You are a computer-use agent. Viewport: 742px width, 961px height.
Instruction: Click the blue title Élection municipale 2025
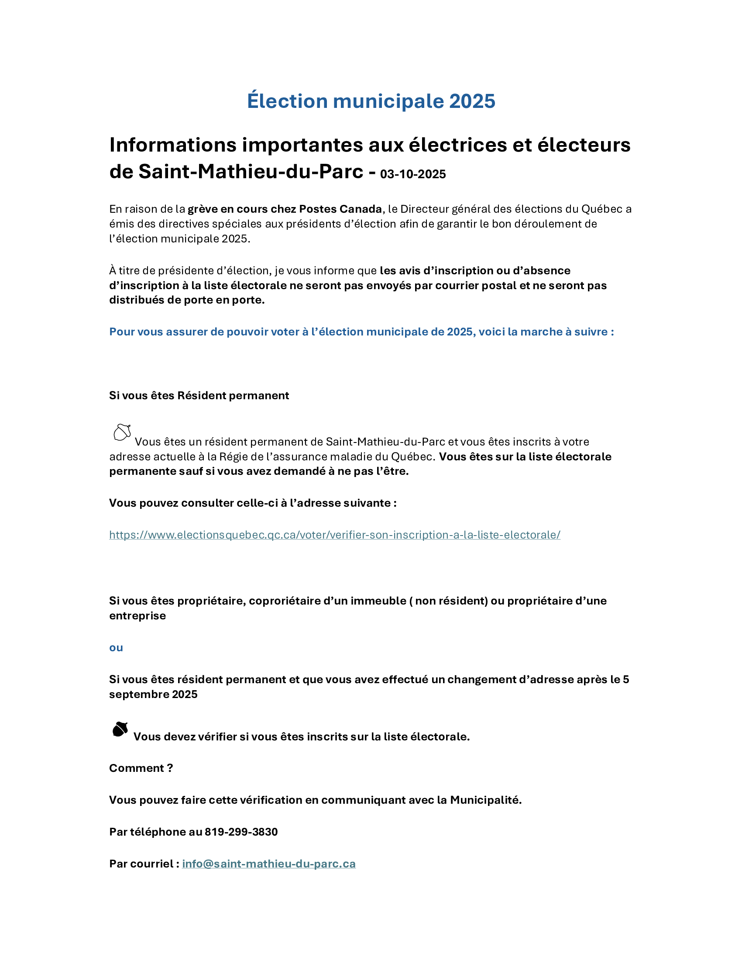click(371, 101)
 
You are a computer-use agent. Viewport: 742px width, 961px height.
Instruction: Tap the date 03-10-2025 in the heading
click(413, 174)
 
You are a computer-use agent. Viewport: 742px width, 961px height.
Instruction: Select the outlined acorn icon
click(122, 432)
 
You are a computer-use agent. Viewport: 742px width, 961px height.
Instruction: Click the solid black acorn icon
click(120, 730)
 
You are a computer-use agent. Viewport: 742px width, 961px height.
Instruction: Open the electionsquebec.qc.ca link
click(334, 535)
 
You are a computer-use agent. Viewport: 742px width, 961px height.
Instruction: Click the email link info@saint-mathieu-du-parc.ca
click(268, 864)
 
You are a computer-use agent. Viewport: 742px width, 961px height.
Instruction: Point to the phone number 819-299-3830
click(241, 832)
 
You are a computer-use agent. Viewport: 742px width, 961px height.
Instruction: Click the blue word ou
click(116, 648)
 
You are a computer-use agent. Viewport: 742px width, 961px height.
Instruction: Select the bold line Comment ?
click(141, 768)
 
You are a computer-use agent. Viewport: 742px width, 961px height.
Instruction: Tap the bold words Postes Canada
click(340, 209)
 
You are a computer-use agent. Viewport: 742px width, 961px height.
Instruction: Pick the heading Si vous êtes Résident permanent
click(199, 396)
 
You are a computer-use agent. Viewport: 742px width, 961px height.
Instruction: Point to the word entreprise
click(137, 615)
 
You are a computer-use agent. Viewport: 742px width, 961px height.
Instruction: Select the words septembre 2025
click(153, 695)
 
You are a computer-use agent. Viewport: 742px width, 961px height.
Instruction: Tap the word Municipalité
click(485, 800)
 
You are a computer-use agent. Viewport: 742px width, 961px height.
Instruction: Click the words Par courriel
click(141, 864)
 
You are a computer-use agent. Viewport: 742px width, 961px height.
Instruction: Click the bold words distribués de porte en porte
click(186, 300)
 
